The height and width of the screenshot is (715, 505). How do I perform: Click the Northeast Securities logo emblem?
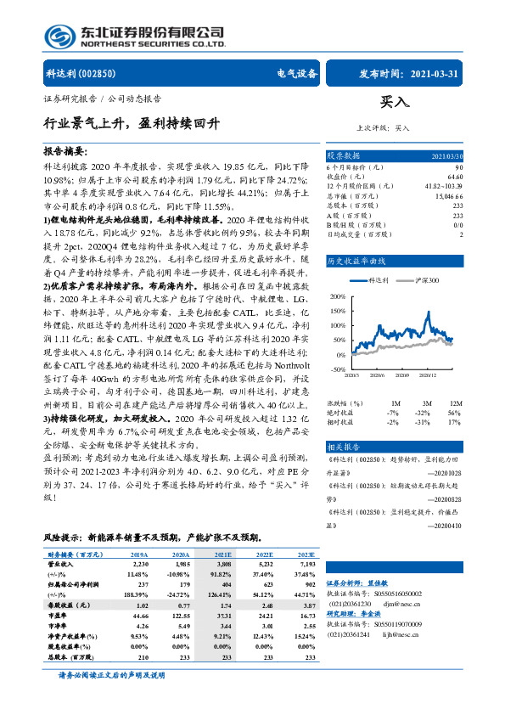click(56, 35)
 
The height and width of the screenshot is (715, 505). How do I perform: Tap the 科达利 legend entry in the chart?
click(379, 256)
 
